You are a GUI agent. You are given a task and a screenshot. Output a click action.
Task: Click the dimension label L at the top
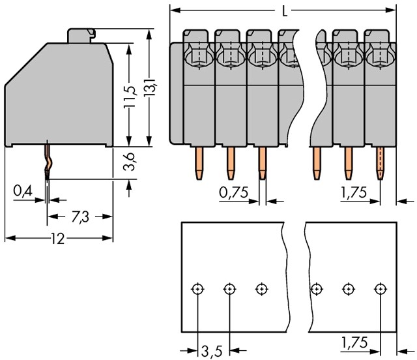(x=285, y=12)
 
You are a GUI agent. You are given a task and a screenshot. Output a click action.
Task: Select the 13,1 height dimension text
(x=150, y=87)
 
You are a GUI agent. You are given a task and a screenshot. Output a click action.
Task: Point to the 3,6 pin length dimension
(x=129, y=162)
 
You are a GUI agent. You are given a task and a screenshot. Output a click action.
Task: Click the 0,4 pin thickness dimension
(x=23, y=191)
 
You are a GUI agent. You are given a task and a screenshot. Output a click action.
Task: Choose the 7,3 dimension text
(x=80, y=217)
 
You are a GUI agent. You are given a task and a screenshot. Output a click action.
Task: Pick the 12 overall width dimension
(x=58, y=239)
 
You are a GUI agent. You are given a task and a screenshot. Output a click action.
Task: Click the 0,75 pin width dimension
(x=233, y=192)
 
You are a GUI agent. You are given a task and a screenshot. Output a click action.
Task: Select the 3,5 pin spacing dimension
(x=211, y=352)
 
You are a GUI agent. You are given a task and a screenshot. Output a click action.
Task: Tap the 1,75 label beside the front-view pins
(x=354, y=192)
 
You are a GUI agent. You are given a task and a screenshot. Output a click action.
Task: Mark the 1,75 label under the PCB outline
(x=354, y=342)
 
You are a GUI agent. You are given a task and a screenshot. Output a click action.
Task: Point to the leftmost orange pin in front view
(x=199, y=163)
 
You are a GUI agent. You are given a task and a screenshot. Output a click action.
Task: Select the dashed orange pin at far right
(x=381, y=163)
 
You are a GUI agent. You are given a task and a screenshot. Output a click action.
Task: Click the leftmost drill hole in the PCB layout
(x=197, y=289)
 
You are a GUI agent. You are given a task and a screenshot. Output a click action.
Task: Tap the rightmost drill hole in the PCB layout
(x=381, y=289)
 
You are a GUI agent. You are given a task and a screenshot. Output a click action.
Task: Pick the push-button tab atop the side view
(x=81, y=36)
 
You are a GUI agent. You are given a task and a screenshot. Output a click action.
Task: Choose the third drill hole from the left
(x=262, y=289)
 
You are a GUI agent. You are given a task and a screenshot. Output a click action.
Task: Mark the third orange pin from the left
(x=262, y=163)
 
